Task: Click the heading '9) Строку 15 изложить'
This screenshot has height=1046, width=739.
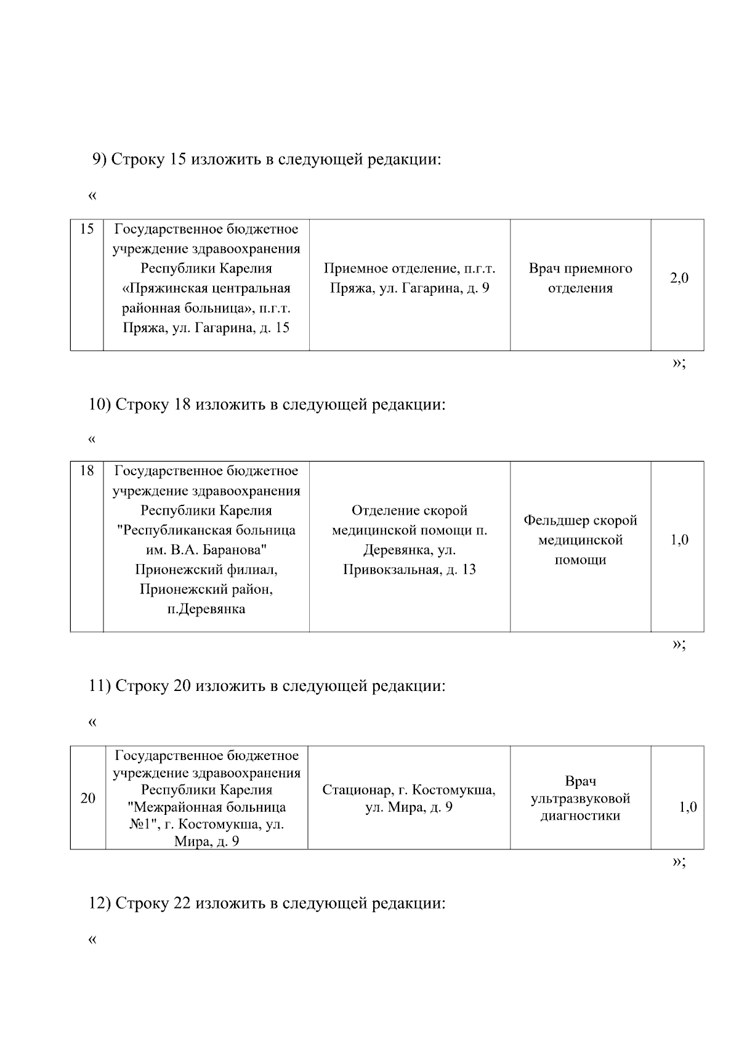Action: [267, 160]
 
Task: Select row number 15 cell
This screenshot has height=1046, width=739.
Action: [87, 229]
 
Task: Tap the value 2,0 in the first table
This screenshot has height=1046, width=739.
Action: [679, 278]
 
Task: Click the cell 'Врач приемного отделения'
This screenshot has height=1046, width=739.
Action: [580, 278]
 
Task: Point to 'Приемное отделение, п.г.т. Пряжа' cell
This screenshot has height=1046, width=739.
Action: [410, 278]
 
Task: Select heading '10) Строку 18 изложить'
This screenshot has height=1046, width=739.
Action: [267, 404]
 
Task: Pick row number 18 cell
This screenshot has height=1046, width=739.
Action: [87, 471]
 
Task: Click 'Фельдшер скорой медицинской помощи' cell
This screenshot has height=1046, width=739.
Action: [580, 540]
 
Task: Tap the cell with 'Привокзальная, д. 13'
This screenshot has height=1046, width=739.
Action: [410, 570]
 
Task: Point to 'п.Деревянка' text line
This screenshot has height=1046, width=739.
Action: [206, 609]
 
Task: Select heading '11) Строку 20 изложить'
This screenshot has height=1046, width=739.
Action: [267, 685]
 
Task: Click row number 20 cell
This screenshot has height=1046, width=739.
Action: [87, 798]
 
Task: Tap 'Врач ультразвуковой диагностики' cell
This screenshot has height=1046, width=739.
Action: [580, 798]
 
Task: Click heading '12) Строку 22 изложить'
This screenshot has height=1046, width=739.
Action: [267, 903]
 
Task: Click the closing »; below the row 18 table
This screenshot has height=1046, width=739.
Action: [679, 644]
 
